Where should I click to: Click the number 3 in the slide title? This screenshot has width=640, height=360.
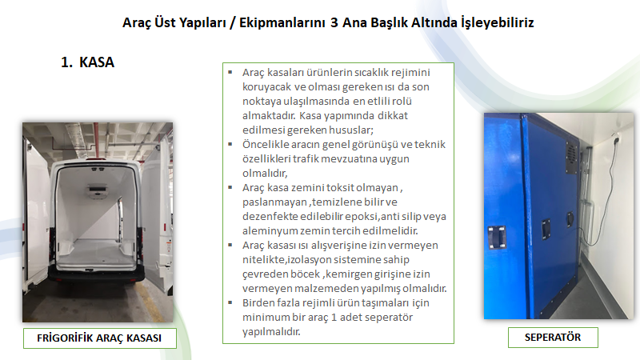pos(334,22)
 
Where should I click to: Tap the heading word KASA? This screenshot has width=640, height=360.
pos(97,62)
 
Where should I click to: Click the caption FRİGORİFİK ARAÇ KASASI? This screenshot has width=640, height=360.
pos(99,338)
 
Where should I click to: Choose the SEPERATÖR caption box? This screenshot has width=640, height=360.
pos(553,337)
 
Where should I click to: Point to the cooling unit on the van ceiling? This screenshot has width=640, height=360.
pos(98,190)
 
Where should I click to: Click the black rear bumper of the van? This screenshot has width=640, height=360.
pos(97,274)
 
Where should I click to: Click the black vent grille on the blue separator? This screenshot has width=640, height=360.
pos(571,157)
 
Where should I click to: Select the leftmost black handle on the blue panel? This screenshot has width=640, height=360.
pos(497,237)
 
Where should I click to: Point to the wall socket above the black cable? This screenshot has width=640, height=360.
pos(617,138)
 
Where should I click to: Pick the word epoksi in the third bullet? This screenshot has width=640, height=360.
pos(362,217)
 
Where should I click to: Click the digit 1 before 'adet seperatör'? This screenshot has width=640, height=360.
pos(334,317)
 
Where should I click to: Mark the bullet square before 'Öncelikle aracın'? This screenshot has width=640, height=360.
pos(230,144)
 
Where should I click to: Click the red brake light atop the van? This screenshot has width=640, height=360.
pos(97,160)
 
